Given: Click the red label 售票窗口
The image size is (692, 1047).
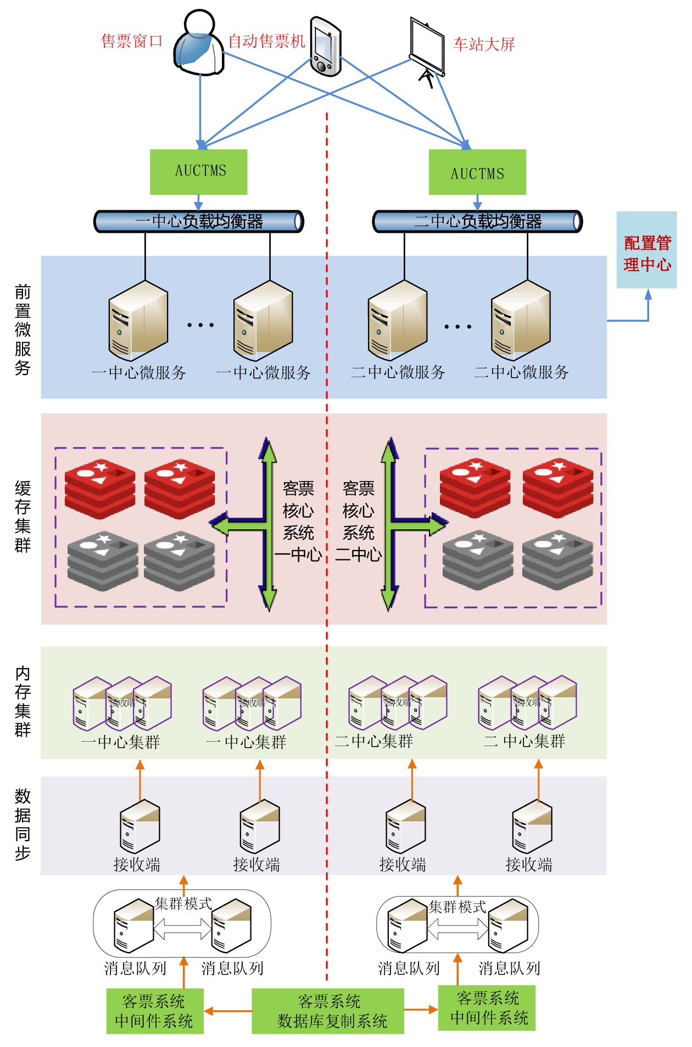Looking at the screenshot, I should [132, 41].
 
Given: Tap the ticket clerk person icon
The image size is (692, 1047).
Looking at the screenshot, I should [199, 44].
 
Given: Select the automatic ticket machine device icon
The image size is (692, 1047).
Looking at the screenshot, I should [326, 47].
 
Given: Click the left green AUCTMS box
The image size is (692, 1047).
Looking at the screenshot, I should [199, 172].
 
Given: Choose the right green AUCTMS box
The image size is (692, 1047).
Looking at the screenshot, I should [477, 172].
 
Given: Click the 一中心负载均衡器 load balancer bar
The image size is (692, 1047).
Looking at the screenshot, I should [199, 221].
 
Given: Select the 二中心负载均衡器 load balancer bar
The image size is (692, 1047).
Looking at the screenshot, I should [477, 221].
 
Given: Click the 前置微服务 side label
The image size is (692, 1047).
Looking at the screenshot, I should [23, 329].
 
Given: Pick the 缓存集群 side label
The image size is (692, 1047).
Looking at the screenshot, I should [23, 516].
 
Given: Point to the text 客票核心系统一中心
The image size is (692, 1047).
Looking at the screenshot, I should [298, 520].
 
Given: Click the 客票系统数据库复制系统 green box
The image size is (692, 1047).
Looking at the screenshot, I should [328, 1011].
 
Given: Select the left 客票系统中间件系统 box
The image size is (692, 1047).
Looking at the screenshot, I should [155, 1011].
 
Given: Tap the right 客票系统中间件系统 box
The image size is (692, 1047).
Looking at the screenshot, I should [487, 1007].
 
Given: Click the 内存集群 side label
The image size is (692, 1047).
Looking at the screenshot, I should [23, 701].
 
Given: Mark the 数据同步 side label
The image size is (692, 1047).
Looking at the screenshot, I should [23, 824].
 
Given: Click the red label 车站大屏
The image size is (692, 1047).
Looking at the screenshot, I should [484, 44].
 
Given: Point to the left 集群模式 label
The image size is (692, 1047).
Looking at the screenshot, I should [183, 903].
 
